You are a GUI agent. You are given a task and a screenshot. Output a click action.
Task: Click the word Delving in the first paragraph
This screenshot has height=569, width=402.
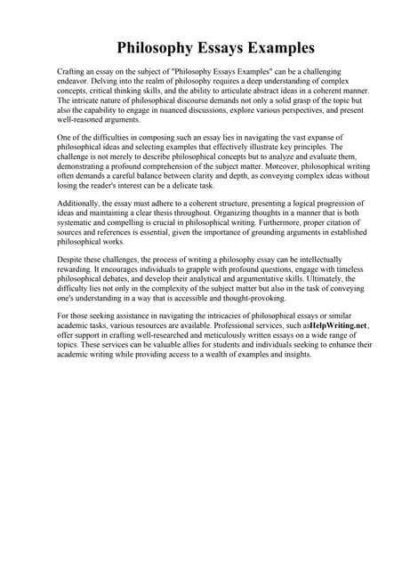[x=123, y=80]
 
